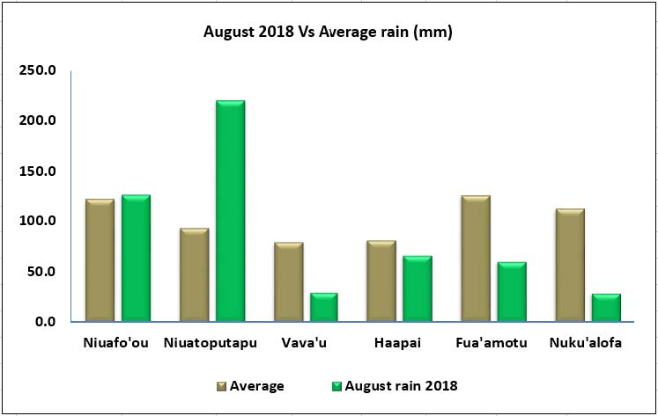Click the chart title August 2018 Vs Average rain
pos(328,33)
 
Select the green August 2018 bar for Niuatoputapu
pos(230,211)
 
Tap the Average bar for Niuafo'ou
pos(100,260)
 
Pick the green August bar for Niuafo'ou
pos(136,259)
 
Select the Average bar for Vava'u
pos(288,282)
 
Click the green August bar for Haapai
pos(418,288)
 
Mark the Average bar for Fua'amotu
pos(476,259)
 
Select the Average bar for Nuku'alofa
pos(570,265)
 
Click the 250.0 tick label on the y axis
pos(38,70)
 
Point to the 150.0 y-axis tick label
pos(38,171)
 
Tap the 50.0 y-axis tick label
pos(41,272)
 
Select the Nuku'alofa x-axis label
pos(587,343)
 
